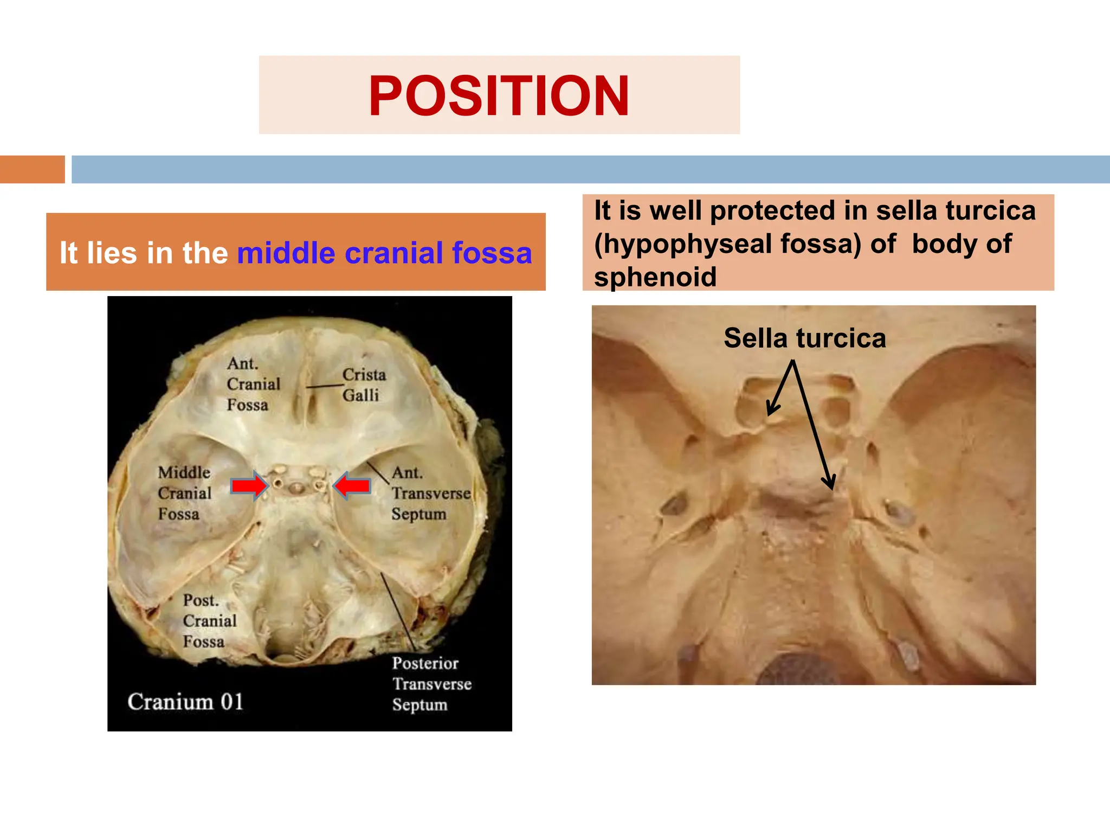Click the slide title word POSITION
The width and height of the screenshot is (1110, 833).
click(499, 95)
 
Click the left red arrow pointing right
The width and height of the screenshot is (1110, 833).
click(249, 485)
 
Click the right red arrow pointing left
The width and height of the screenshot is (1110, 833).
click(352, 485)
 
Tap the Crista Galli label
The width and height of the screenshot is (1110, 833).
click(364, 385)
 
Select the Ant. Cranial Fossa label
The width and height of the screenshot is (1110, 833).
click(253, 384)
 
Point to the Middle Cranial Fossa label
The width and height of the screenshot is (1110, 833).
click(184, 493)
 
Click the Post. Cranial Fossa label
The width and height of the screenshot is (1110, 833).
click(209, 620)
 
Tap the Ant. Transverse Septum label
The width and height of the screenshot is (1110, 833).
click(430, 493)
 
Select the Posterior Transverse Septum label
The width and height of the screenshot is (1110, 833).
click(431, 683)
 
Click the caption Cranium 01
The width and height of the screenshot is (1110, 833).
click(185, 701)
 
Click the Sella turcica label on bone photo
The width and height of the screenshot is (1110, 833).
click(804, 338)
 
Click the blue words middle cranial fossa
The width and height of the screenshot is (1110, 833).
click(384, 253)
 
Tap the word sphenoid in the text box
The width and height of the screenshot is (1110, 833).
click(655, 277)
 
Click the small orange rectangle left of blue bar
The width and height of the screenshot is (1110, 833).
click(32, 169)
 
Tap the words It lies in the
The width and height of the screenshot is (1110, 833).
click(144, 253)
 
